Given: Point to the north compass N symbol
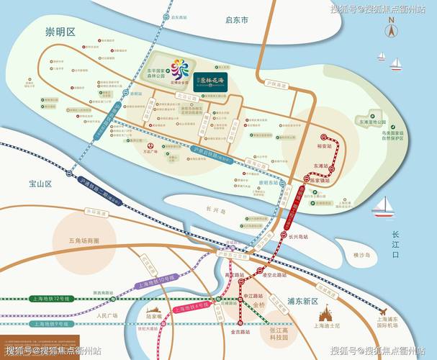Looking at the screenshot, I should [x=391, y=32].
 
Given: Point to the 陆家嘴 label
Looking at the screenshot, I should [x=155, y=315].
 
